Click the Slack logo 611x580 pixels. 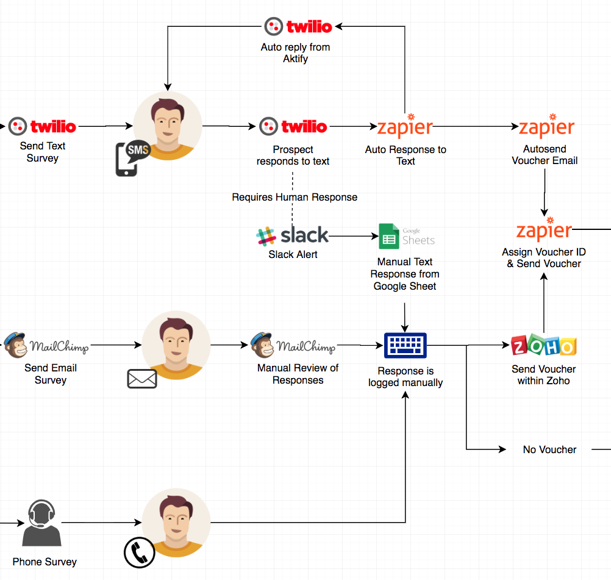tap(292, 235)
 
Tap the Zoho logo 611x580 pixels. tap(543, 346)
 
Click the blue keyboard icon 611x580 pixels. tap(406, 346)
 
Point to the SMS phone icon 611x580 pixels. tap(132, 158)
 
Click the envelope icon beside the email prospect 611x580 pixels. tap(142, 379)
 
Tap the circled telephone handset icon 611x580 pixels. tap(139, 553)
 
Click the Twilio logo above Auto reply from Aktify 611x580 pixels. tap(298, 26)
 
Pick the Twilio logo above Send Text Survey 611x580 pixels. tap(43, 126)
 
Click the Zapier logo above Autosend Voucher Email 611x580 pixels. tap(546, 127)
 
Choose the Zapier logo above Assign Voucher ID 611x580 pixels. tap(544, 230)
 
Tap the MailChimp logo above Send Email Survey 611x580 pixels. tap(46, 346)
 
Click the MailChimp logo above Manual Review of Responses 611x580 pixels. tap(293, 346)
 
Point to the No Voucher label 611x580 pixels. tap(549, 449)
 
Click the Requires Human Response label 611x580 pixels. tap(295, 197)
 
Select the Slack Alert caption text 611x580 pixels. tap(293, 254)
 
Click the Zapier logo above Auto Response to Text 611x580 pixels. tap(405, 127)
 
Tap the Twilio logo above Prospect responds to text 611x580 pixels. tap(293, 126)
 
